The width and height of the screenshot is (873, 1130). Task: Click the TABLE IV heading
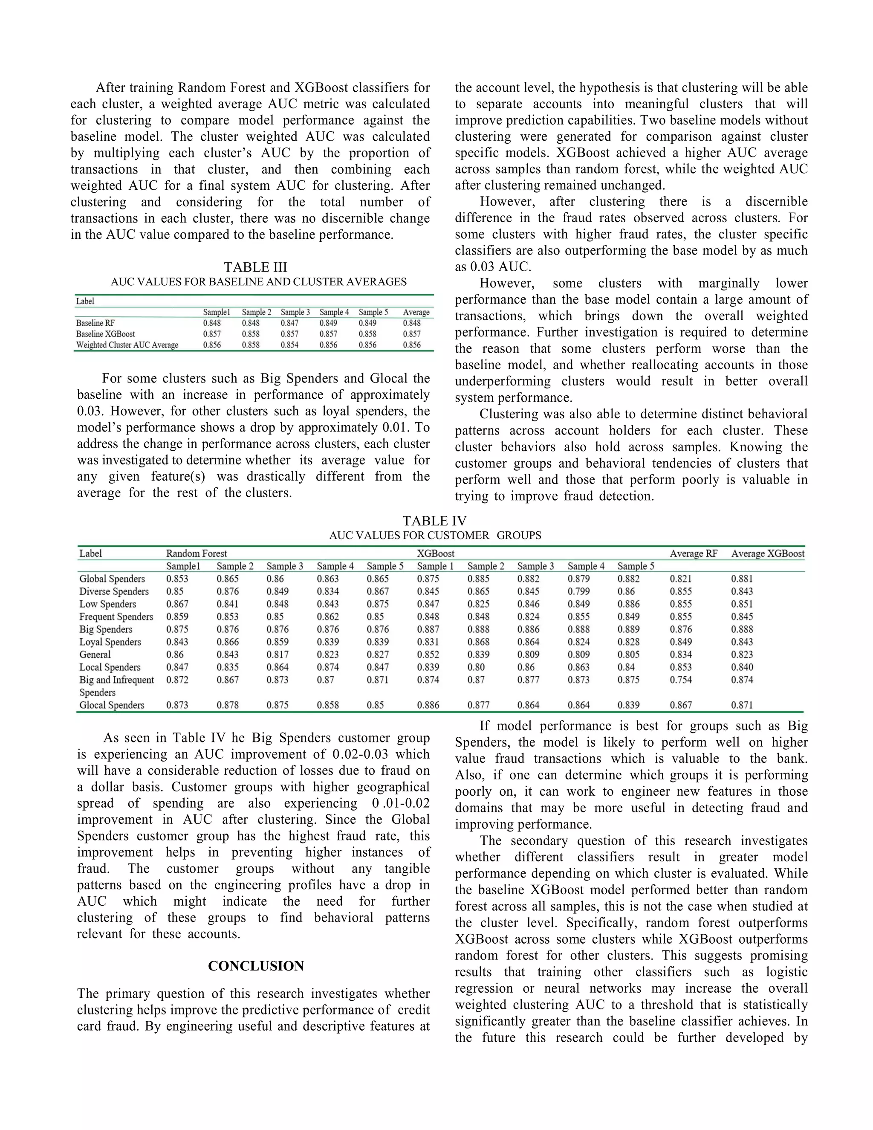pyautogui.click(x=434, y=521)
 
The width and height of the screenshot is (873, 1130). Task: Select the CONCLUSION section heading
pyautogui.click(x=255, y=966)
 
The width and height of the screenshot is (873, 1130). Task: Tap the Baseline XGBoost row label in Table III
pyautogui.click(x=106, y=334)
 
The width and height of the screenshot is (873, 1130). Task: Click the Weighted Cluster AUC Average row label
pyautogui.click(x=127, y=345)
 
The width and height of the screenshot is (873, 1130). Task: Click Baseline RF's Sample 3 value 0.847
pyautogui.click(x=289, y=323)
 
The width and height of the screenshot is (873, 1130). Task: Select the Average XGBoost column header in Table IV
pyautogui.click(x=767, y=553)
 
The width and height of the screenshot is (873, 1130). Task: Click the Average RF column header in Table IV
pyautogui.click(x=693, y=553)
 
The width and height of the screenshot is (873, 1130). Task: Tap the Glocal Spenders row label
pyautogui.click(x=112, y=705)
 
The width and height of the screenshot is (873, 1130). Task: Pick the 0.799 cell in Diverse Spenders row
pyautogui.click(x=578, y=591)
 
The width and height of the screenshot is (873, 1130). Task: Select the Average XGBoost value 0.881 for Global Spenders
pyautogui.click(x=742, y=579)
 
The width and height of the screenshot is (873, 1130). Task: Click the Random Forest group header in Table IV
pyautogui.click(x=197, y=553)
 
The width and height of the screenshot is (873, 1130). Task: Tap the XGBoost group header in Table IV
pyautogui.click(x=436, y=553)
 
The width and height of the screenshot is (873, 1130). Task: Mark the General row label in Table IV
pyautogui.click(x=95, y=655)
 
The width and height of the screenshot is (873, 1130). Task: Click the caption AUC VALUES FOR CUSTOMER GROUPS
pyautogui.click(x=435, y=536)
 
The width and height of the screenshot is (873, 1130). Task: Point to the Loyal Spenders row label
pyautogui.click(x=110, y=642)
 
